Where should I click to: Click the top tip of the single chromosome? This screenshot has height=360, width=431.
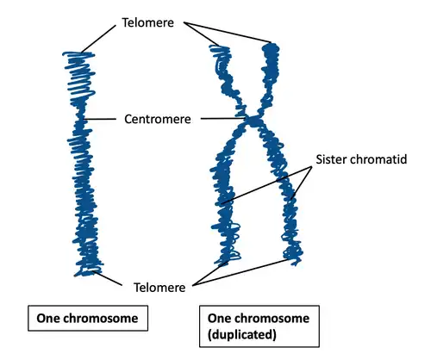(x=78, y=54)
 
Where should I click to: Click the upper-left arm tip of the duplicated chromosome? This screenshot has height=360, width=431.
(x=219, y=48)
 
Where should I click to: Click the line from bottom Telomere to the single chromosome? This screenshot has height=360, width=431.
(x=115, y=278)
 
